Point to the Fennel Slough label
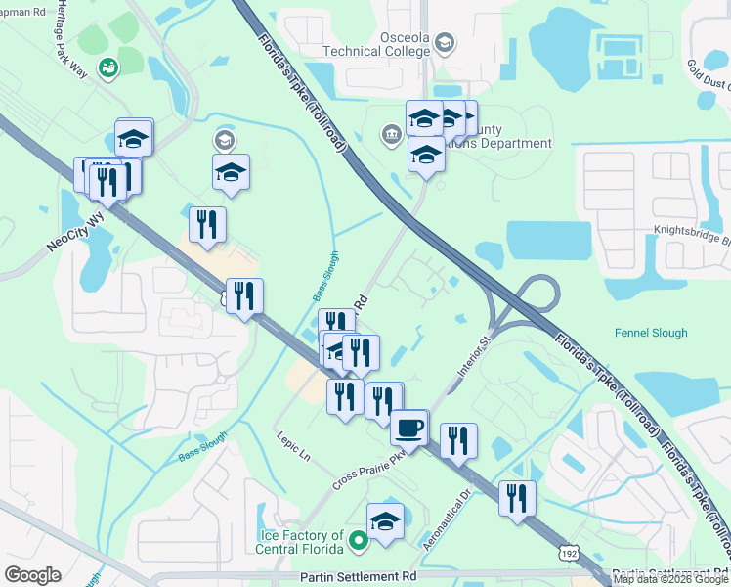pyautogui.click(x=651, y=333)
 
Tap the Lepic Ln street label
pyautogui.click(x=292, y=447)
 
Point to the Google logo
pyautogui.click(x=33, y=574)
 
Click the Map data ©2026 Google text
pyautogui.click(x=670, y=580)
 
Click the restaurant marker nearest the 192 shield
pyautogui.click(x=517, y=497)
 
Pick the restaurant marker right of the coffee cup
pyautogui.click(x=457, y=439)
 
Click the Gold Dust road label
pyautogui.click(x=708, y=73)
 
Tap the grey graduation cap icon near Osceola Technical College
pyautogui.click(x=445, y=42)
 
